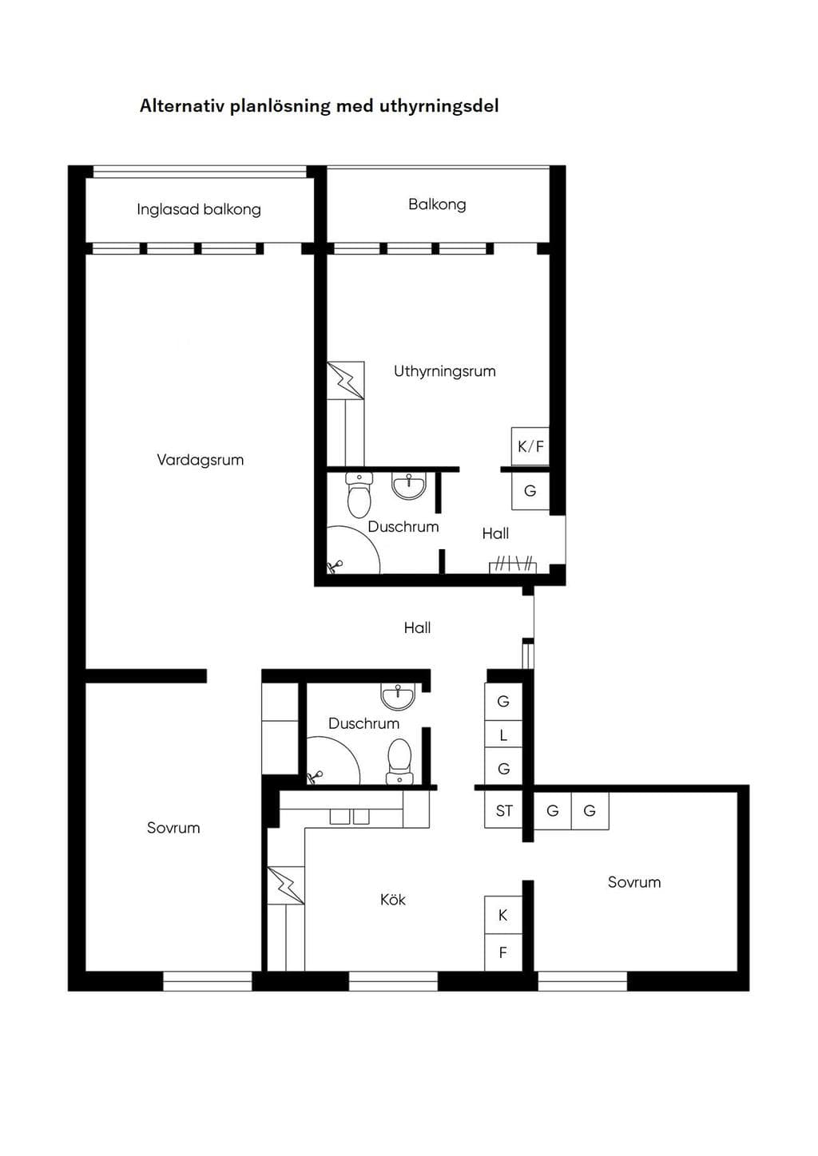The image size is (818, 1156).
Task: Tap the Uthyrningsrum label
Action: click(x=445, y=371)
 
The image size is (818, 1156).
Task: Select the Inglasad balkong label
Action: click(x=199, y=209)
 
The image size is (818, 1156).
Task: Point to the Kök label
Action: click(x=392, y=900)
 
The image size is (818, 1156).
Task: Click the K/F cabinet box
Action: click(x=530, y=446)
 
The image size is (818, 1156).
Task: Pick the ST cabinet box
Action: click(x=503, y=810)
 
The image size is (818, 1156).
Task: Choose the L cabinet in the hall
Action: click(x=503, y=735)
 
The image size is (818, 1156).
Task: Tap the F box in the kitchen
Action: click(x=503, y=952)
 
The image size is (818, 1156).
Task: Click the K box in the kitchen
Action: click(x=503, y=915)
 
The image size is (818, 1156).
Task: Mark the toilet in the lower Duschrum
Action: click(x=399, y=761)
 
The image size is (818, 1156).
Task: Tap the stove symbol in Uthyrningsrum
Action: click(x=345, y=381)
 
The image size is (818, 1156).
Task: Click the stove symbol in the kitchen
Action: click(x=285, y=885)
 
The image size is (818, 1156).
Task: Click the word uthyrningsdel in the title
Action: click(x=439, y=106)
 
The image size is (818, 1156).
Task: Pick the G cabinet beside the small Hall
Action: click(x=530, y=491)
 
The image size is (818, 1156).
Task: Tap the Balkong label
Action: click(x=437, y=204)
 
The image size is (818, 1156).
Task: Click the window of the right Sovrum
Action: click(x=582, y=981)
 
